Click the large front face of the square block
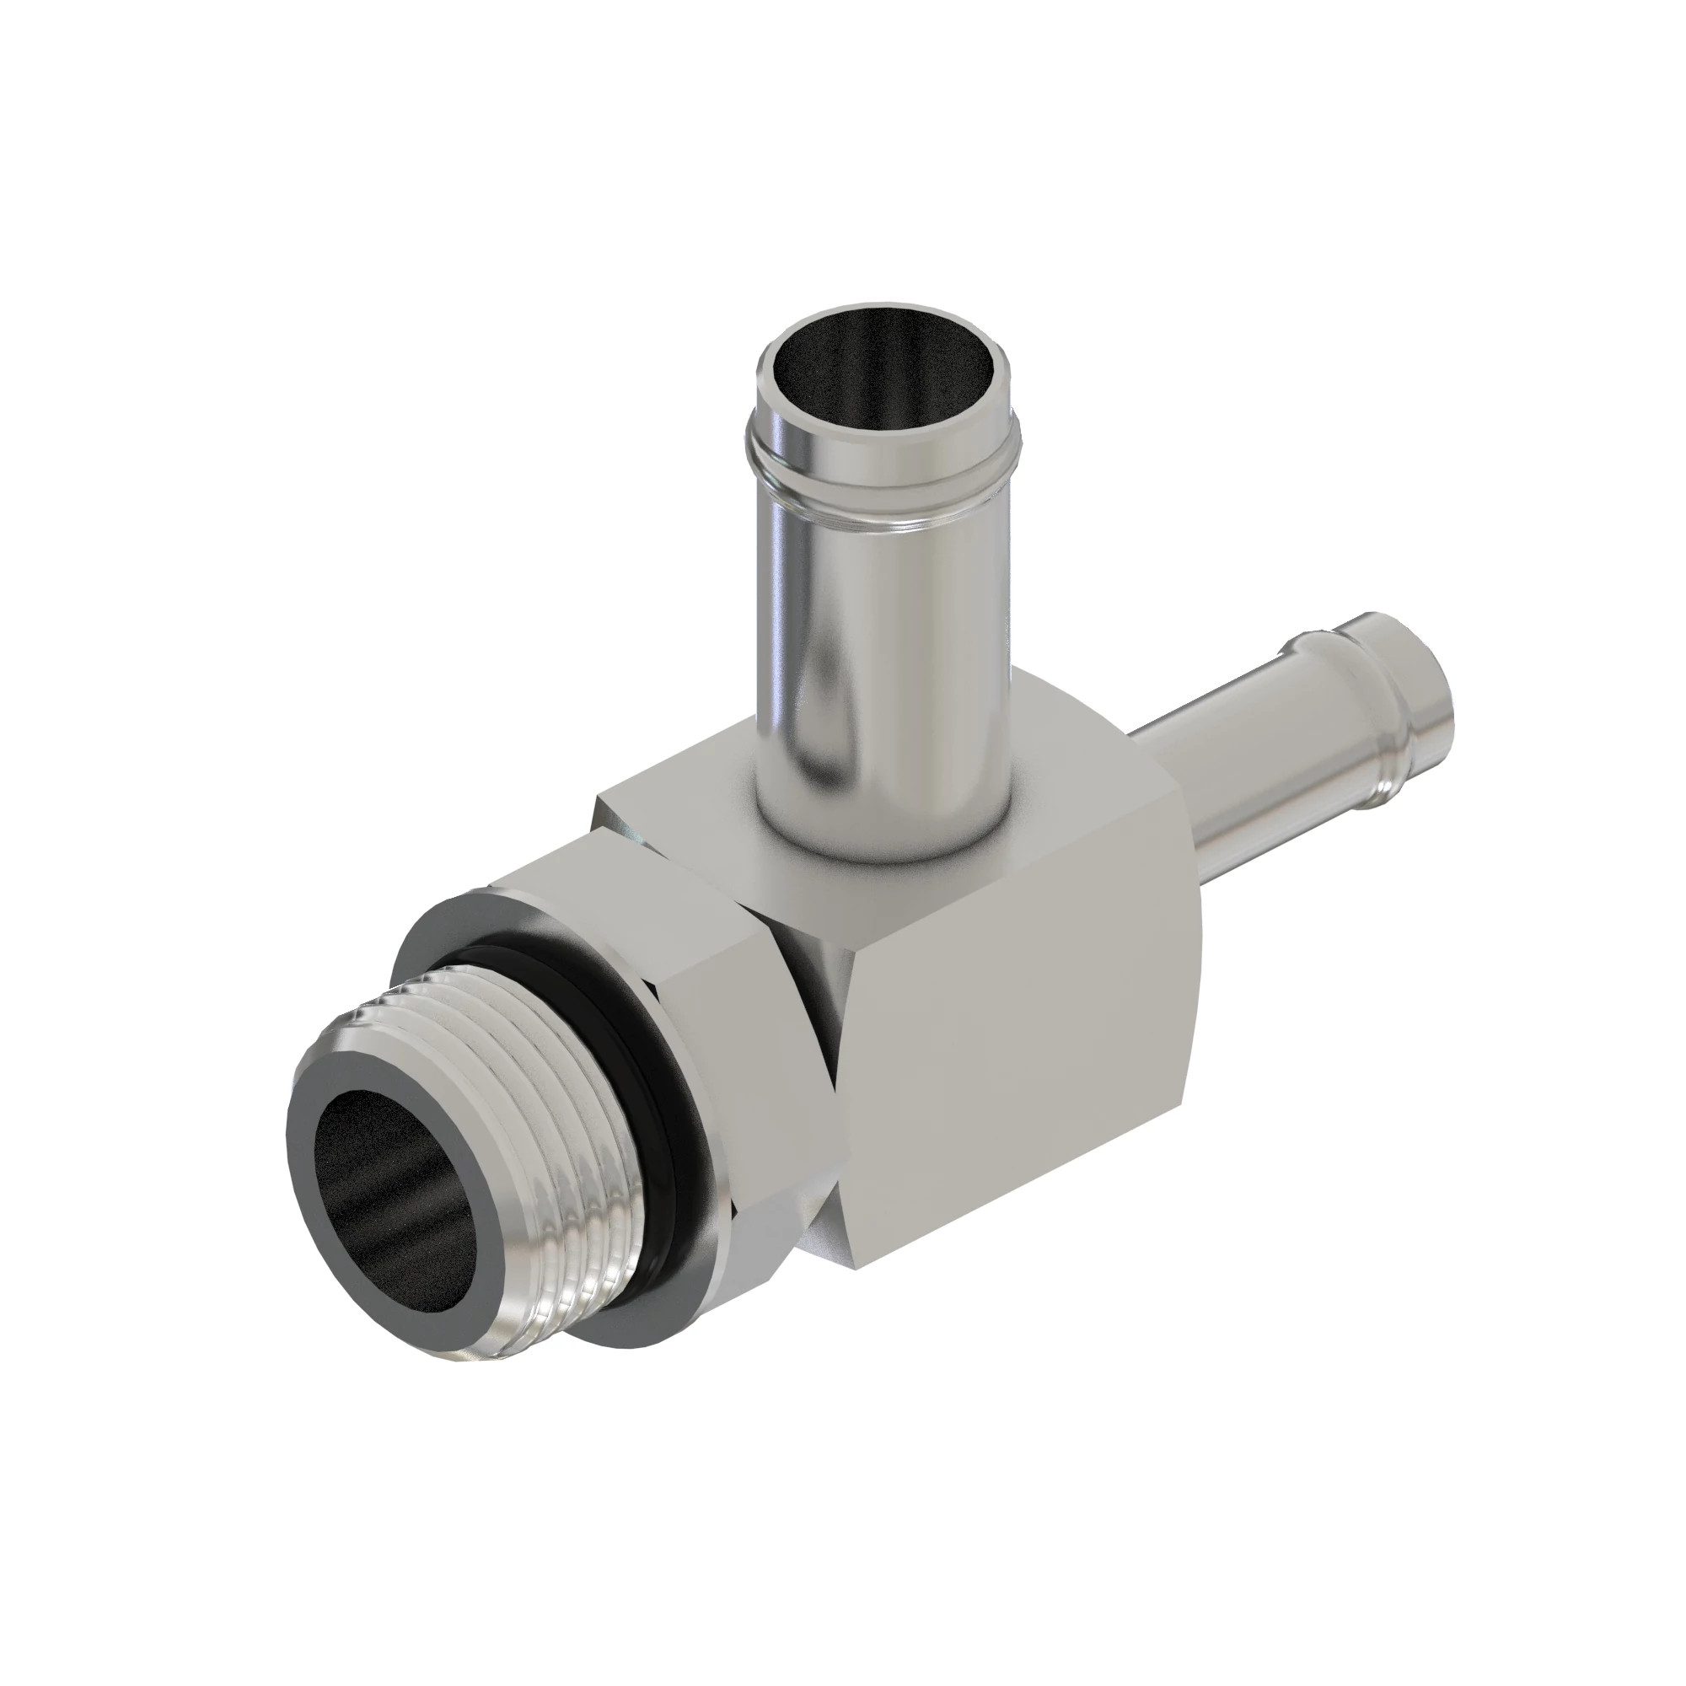[1021, 1082]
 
